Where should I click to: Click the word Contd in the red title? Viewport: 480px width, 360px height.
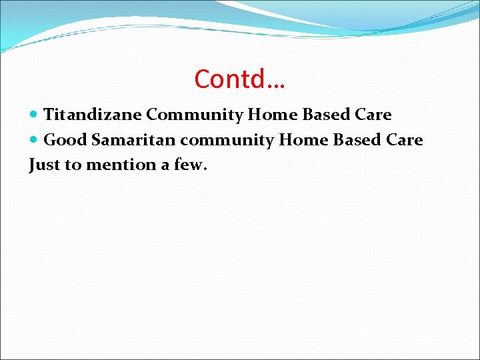[227, 79]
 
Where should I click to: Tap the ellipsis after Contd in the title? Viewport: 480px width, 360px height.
[273, 83]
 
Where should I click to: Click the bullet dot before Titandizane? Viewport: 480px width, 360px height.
[35, 115]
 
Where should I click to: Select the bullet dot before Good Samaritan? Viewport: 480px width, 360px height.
[35, 140]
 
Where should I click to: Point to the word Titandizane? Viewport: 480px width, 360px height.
[93, 115]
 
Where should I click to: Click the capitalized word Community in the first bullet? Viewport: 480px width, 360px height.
[195, 115]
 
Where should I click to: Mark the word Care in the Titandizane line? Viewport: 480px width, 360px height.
[374, 115]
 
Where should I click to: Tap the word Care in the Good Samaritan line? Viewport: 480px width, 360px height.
[405, 140]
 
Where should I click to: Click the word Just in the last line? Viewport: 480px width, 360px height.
[44, 165]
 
